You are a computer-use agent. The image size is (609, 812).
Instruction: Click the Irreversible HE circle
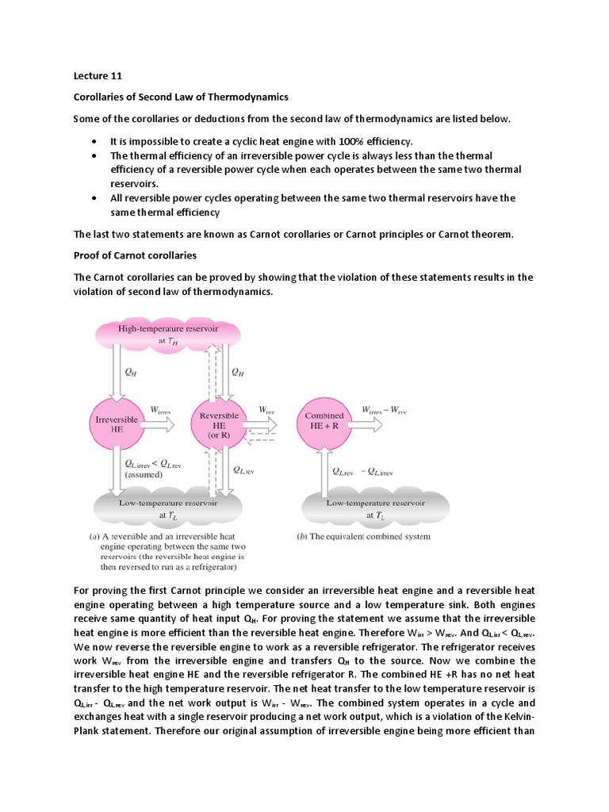point(117,423)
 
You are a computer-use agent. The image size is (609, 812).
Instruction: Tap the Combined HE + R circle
point(324,421)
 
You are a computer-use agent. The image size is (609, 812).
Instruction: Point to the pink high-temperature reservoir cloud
point(167,333)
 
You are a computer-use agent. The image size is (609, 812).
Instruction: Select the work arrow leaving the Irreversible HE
point(157,424)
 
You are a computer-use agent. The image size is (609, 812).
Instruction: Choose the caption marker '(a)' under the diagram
point(93,537)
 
